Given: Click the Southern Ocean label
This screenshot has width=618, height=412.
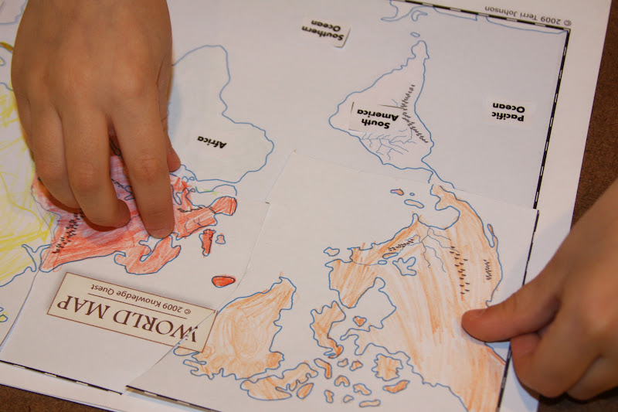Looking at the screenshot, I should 325,32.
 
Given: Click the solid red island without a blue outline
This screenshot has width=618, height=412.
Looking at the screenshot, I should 223,281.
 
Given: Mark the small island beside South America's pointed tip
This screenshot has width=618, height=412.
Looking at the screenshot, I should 415,34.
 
